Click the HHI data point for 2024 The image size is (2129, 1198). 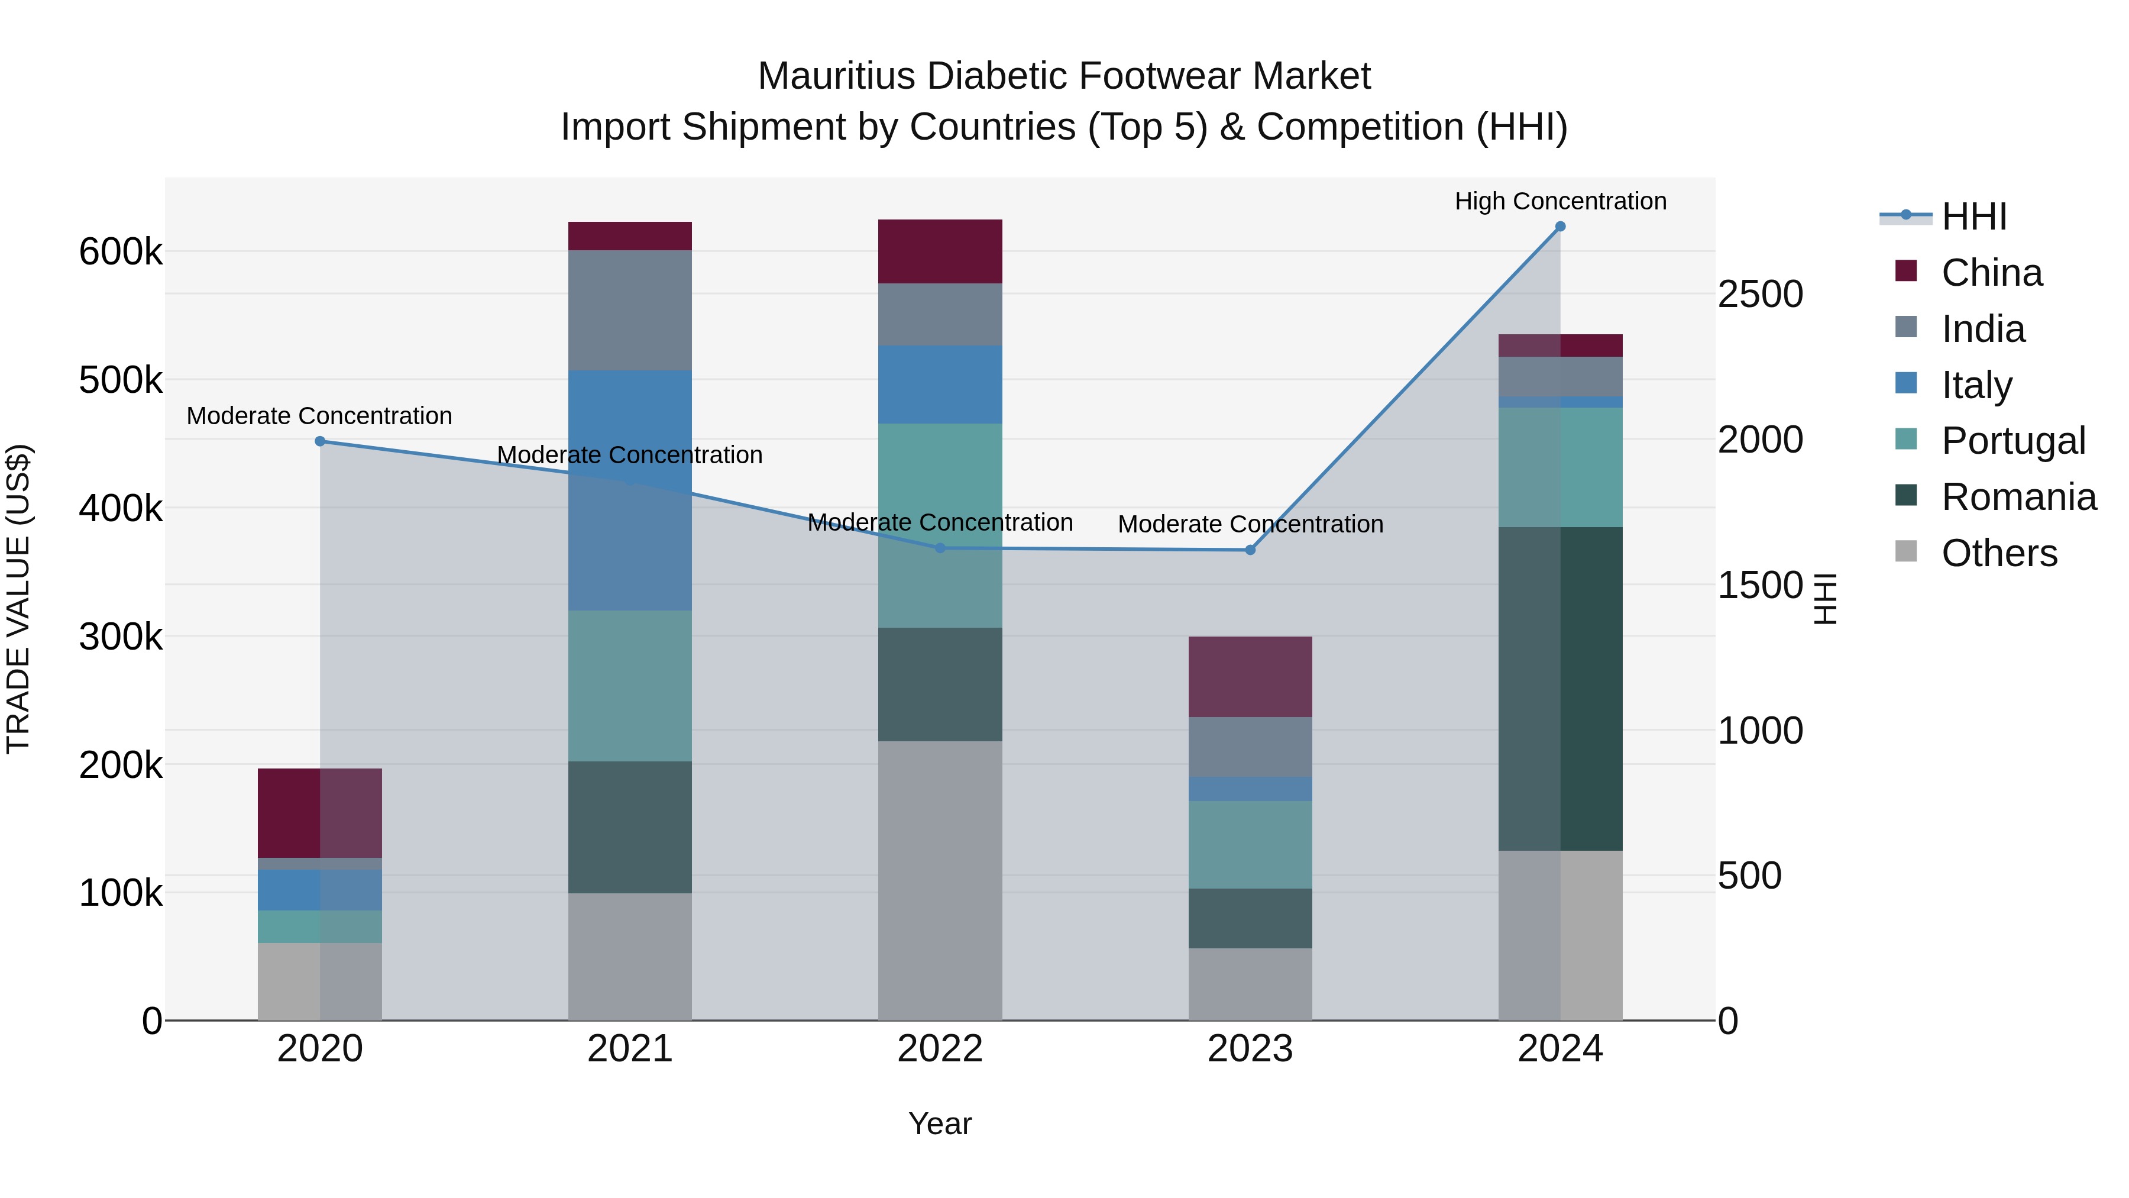[1559, 227]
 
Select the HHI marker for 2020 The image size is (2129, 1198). [320, 441]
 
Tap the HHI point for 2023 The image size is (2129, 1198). [1250, 550]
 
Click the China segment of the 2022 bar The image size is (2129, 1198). [940, 251]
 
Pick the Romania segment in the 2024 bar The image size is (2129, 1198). [1559, 688]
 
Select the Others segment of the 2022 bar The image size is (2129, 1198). [940, 880]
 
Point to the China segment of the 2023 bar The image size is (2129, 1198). [1250, 676]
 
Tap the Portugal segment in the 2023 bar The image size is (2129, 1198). [1250, 844]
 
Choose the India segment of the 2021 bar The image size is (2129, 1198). [630, 310]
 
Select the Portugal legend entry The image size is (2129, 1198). [2012, 441]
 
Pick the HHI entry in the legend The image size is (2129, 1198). [1973, 217]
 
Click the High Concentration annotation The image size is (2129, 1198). [1559, 201]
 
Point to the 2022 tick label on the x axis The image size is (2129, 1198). [940, 1049]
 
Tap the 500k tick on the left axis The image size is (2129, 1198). [121, 380]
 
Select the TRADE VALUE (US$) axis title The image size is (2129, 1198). [19, 599]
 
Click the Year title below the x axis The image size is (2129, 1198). [940, 1123]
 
